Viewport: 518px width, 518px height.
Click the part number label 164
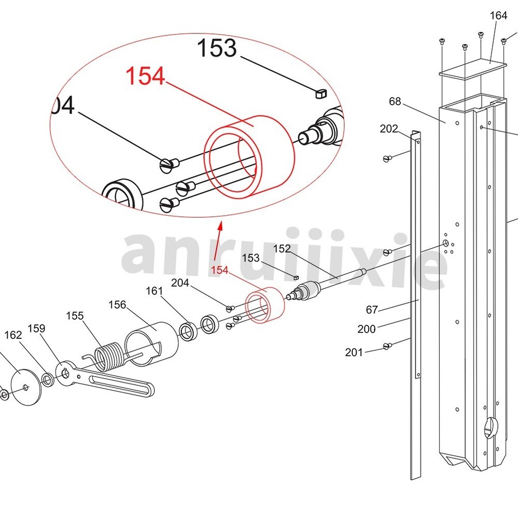tap(498, 16)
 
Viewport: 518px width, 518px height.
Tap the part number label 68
tap(395, 101)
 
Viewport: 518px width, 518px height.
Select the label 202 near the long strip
tap(388, 129)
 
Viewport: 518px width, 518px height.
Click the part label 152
tap(282, 249)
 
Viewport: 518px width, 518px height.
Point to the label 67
tap(372, 309)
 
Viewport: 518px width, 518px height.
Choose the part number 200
tap(366, 329)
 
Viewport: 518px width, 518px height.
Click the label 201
tap(354, 352)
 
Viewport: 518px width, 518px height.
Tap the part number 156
tap(117, 305)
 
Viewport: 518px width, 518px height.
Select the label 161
tap(154, 291)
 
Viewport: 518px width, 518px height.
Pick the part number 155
tap(75, 316)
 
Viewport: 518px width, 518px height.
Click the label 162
tap(13, 335)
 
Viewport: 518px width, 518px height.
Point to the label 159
tap(36, 329)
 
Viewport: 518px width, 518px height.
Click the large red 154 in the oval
tap(145, 77)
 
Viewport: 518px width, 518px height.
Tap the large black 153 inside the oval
tap(216, 49)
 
